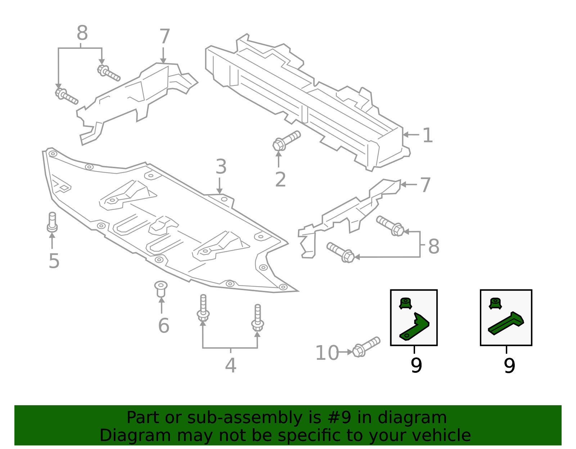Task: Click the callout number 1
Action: click(427, 136)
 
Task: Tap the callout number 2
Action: click(280, 179)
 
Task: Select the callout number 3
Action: click(221, 167)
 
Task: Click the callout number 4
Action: click(230, 365)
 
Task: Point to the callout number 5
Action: click(54, 261)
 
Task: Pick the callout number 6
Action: click(163, 325)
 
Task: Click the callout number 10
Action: click(327, 353)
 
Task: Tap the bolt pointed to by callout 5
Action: click(52, 222)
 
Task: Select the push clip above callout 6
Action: click(161, 288)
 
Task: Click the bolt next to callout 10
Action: click(366, 347)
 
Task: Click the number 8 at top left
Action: click(82, 33)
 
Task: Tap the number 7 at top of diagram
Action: click(164, 37)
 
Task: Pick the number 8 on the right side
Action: click(433, 247)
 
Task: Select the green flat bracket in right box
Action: click(506, 323)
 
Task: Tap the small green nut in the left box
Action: click(405, 303)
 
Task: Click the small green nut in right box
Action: click(495, 303)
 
